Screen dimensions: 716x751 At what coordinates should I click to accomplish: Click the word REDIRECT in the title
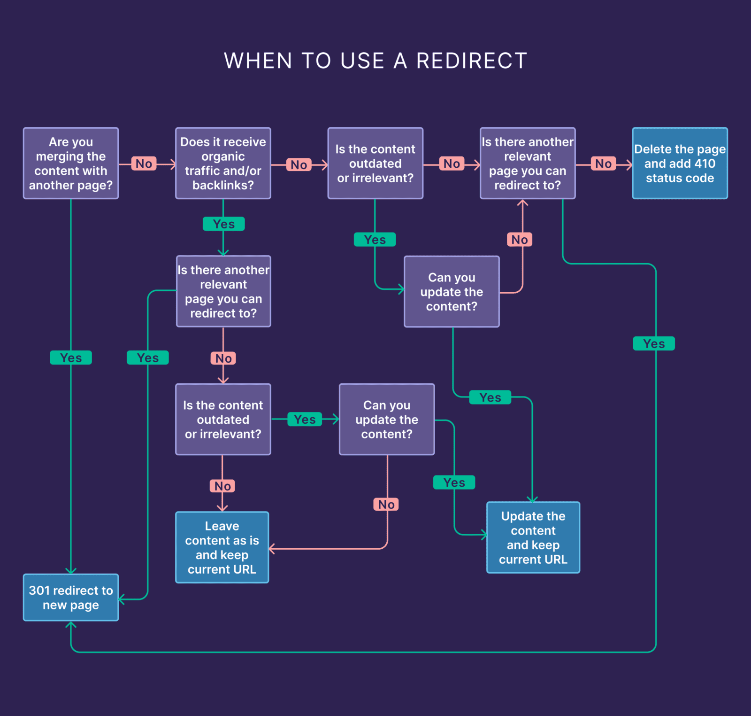click(471, 61)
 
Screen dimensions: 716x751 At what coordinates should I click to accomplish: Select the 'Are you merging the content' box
click(71, 163)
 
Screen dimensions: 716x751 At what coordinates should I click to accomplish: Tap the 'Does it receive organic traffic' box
click(223, 163)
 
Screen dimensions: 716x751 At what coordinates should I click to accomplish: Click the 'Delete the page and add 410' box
click(680, 163)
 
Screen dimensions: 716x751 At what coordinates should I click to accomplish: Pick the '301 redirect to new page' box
click(71, 597)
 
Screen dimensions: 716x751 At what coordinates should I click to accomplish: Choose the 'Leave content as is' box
click(222, 547)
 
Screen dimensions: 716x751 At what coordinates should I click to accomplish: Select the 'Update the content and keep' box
click(533, 537)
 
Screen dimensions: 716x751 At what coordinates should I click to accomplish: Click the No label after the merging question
click(144, 163)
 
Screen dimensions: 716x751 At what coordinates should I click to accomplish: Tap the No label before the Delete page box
click(603, 163)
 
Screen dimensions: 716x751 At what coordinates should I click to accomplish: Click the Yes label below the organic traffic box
click(223, 224)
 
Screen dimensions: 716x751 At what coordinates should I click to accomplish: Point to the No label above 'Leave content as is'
click(222, 486)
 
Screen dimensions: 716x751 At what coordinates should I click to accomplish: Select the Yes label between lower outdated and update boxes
click(305, 419)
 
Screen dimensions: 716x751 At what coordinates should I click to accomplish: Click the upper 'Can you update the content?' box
click(452, 291)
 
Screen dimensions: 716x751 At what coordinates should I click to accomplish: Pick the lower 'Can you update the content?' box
click(387, 419)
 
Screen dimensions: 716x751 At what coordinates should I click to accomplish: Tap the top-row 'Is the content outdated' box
click(375, 163)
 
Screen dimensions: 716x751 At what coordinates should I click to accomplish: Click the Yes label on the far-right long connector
click(654, 343)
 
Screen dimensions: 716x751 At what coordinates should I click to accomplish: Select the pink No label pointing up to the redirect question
click(520, 240)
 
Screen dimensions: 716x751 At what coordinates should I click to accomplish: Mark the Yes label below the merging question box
click(71, 358)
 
